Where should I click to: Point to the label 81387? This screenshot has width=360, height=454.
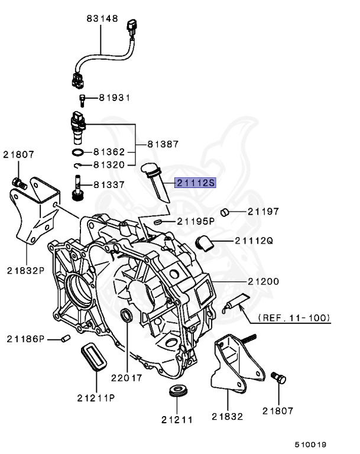[x=163, y=144]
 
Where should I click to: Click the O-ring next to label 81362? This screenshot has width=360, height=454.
[x=79, y=153]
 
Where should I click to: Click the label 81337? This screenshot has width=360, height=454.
[x=110, y=184]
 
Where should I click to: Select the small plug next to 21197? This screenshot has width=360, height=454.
[x=225, y=211]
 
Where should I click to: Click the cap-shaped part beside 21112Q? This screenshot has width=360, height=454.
[x=204, y=241]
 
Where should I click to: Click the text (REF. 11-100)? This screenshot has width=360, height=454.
[x=293, y=317]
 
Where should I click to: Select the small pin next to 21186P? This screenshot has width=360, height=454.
[x=66, y=338]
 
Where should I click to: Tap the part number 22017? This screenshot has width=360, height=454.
[x=127, y=377]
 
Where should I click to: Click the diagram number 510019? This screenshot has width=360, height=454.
[x=312, y=444]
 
